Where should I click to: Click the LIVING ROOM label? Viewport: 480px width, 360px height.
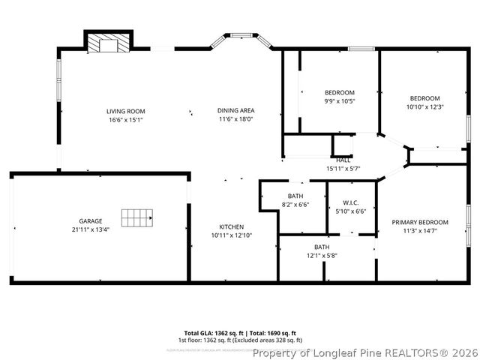click(125, 111)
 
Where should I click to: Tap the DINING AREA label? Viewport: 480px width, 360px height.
click(236, 111)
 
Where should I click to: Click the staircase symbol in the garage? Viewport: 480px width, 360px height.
click(136, 217)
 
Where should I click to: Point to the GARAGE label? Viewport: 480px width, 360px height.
click(91, 221)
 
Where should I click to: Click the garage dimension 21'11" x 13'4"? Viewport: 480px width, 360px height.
click(91, 229)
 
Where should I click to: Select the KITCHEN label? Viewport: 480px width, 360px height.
click(231, 227)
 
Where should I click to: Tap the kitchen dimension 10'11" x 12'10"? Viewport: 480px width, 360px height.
click(231, 235)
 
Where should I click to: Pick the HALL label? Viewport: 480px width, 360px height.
click(343, 160)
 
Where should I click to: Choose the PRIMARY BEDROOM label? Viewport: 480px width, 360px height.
click(420, 223)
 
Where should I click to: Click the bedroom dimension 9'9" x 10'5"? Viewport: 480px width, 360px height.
click(339, 101)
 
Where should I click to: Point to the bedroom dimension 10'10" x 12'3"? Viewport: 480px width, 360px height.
click(424, 106)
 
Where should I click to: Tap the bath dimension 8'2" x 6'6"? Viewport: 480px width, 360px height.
click(295, 204)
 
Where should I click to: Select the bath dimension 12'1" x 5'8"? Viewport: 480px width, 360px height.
click(322, 255)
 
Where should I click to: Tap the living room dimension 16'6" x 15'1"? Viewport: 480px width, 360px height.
click(125, 119)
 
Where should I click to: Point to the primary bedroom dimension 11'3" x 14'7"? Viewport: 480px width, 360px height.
click(420, 231)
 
